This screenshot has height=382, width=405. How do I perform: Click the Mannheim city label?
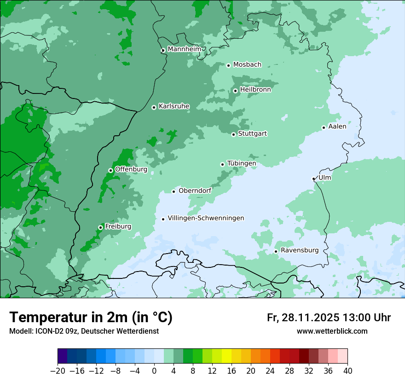tap(184, 49)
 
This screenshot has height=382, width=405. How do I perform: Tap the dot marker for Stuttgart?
tap(233, 134)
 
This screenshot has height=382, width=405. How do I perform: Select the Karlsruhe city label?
tap(174, 106)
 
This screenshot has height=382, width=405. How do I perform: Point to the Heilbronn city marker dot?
tap(235, 91)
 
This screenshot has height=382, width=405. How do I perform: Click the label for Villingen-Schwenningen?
tap(206, 218)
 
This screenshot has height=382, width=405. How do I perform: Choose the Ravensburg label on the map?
tap(300, 250)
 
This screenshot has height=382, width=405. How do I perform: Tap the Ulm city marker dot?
tap(313, 179)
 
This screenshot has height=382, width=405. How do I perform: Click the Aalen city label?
tap(337, 126)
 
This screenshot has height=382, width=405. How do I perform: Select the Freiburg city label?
tap(118, 226)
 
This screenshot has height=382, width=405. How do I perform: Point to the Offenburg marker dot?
tap(110, 170)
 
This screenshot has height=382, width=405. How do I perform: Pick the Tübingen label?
tap(242, 163)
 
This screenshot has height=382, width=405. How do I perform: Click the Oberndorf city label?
tap(195, 191)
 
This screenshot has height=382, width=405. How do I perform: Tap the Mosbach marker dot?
tap(228, 65)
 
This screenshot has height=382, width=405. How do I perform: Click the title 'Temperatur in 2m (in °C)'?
tap(91, 317)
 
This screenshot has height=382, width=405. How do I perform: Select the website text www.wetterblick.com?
tap(332, 331)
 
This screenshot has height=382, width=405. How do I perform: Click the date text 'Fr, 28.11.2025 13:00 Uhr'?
tap(329, 318)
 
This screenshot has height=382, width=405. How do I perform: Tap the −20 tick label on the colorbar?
tap(58, 371)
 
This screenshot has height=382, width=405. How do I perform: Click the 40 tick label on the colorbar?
tap(347, 371)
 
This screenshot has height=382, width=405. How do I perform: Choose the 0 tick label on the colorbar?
tap(154, 371)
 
